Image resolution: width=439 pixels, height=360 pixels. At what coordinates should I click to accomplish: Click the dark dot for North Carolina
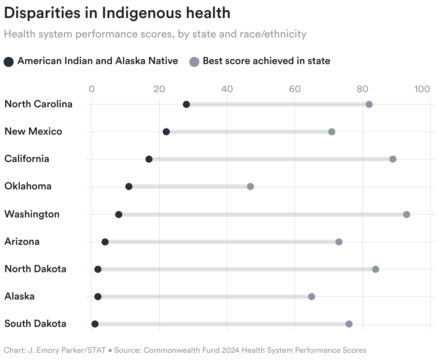click(186, 104)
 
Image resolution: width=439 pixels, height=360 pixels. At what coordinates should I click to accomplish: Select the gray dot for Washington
click(407, 215)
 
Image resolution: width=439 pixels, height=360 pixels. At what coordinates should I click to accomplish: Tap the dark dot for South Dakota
click(95, 324)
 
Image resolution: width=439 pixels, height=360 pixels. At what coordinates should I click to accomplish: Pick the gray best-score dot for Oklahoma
click(250, 186)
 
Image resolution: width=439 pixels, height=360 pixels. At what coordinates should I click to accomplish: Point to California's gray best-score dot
click(393, 159)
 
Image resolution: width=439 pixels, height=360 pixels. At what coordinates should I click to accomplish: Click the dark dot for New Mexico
click(166, 132)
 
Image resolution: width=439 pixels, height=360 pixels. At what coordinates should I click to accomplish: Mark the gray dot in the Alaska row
click(312, 297)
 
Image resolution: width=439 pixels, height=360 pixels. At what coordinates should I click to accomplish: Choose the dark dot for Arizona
click(105, 242)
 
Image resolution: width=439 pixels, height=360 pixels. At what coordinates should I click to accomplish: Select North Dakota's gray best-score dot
click(376, 269)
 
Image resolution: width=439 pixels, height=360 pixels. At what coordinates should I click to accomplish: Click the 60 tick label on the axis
click(295, 89)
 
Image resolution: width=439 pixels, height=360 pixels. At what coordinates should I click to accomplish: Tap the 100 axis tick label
click(422, 89)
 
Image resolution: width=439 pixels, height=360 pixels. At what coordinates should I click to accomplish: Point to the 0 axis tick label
click(92, 89)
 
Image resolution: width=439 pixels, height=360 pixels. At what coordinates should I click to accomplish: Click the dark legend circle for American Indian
click(9, 62)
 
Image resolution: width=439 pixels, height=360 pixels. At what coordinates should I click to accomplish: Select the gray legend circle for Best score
click(194, 62)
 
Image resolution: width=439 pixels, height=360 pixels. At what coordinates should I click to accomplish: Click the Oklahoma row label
click(28, 186)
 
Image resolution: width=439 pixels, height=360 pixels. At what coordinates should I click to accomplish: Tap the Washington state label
click(32, 214)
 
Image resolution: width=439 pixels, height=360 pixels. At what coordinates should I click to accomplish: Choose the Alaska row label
click(20, 296)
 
